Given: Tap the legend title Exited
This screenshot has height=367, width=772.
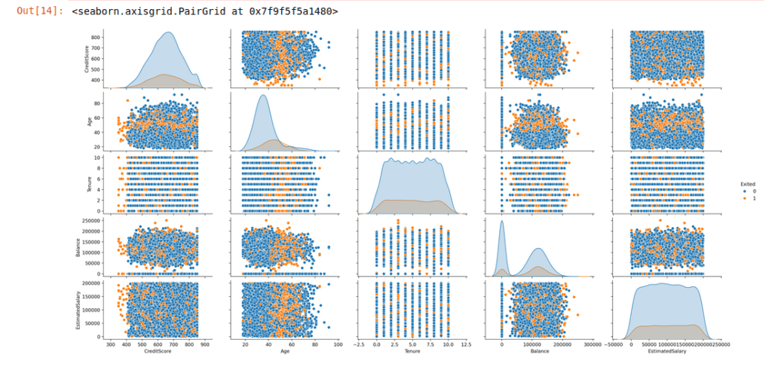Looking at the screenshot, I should click(x=746, y=184).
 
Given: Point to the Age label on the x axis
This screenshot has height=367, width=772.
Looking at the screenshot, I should click(x=284, y=350).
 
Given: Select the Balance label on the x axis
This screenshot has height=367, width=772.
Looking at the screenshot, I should click(x=540, y=350).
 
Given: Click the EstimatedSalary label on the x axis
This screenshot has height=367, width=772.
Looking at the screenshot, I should click(x=666, y=350).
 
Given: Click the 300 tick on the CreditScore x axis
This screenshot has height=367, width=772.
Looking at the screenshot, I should click(x=111, y=344).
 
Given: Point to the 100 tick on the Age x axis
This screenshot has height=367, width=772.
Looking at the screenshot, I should click(x=337, y=344).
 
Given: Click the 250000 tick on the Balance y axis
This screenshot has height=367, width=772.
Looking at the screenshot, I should click(x=91, y=219).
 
